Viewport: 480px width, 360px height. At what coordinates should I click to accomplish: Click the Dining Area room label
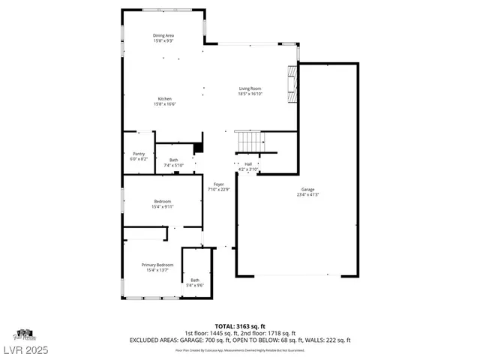pos(163,35)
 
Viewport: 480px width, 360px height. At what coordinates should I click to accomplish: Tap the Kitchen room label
pos(164,99)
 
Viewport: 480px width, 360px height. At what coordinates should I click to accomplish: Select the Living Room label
pos(250,88)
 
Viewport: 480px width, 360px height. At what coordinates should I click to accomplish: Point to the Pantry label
pos(139,154)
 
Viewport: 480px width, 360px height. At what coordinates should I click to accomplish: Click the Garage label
pos(307,190)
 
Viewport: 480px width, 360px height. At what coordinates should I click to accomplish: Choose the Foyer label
pos(218,184)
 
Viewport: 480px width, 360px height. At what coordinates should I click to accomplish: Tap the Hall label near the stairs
pos(247,163)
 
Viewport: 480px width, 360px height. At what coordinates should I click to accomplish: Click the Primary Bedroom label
pos(158,265)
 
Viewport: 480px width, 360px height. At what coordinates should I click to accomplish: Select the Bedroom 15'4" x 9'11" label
pos(163,202)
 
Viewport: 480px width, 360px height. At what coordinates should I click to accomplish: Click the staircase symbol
pos(249,140)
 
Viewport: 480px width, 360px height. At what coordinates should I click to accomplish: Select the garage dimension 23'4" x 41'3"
pos(307,195)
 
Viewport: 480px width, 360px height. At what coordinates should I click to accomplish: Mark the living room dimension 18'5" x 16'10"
pos(250,94)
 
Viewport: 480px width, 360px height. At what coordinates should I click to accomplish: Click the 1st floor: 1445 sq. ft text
pos(211,333)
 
